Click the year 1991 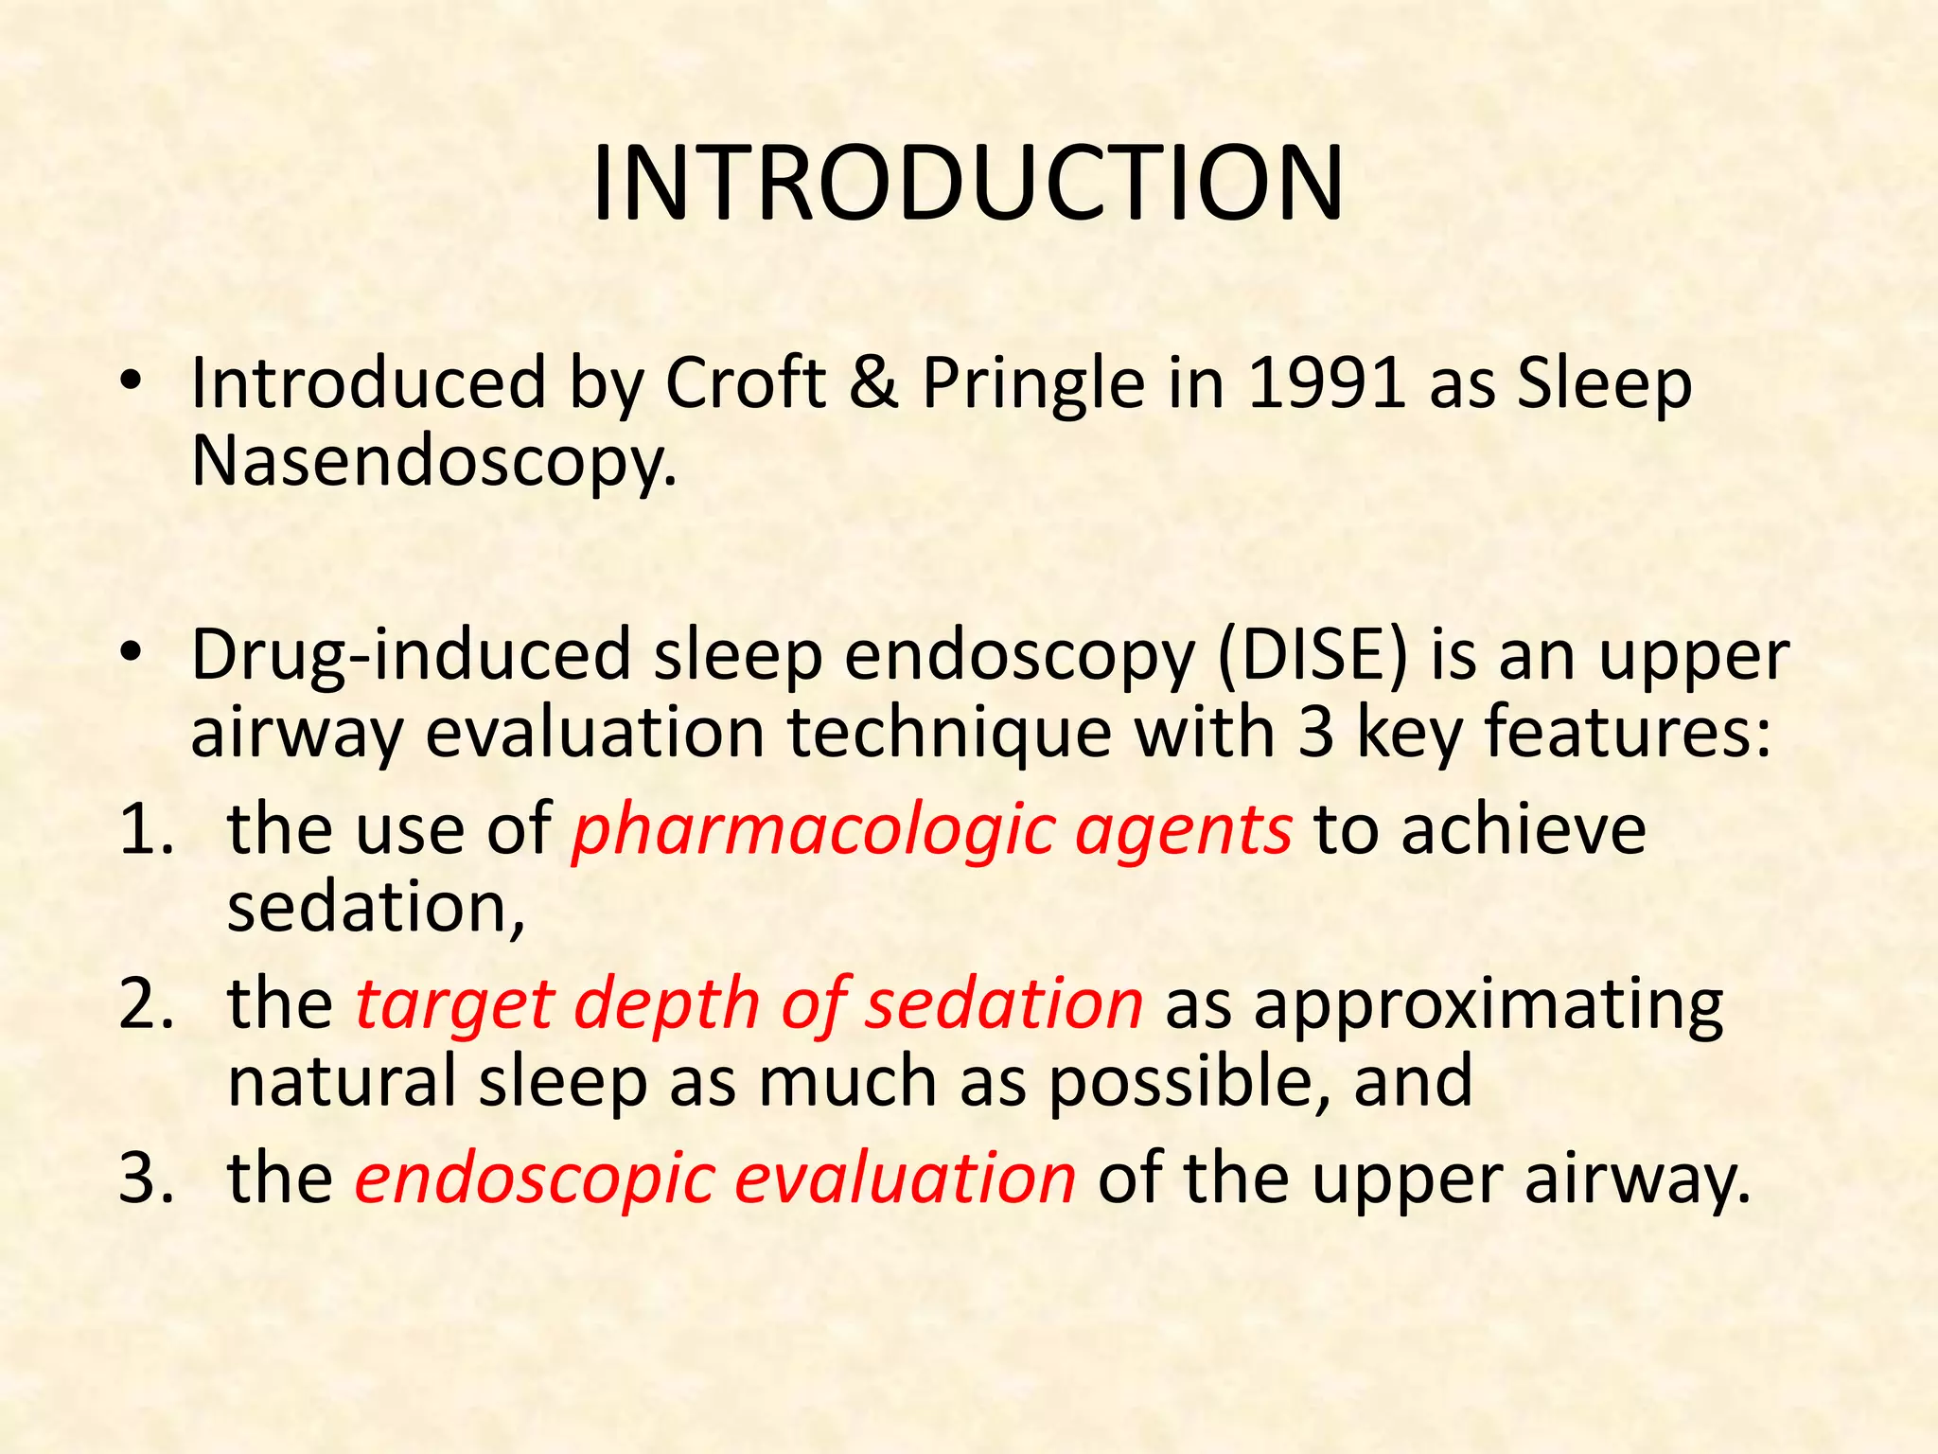point(1325,383)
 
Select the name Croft point(746,383)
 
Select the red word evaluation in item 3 point(906,1179)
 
